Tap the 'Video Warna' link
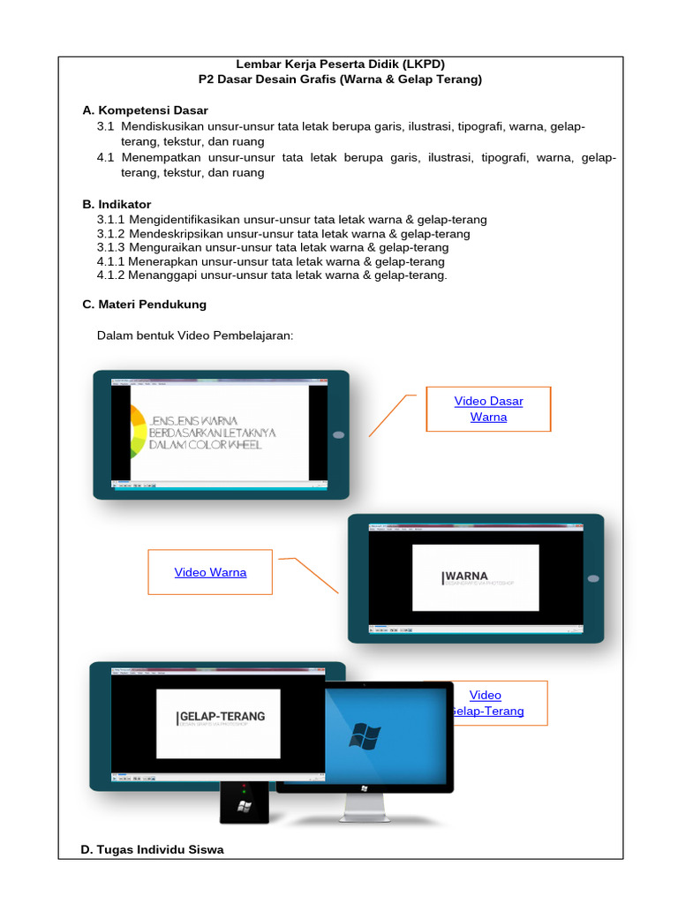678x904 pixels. [210, 572]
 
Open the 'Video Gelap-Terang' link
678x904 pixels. [486, 703]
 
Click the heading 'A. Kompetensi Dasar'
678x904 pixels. [145, 110]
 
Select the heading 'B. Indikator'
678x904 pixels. [117, 204]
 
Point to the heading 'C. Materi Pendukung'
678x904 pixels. [144, 304]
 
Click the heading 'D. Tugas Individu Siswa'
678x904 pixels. [152, 849]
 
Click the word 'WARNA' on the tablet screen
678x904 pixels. [467, 576]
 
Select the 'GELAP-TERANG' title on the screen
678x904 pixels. [222, 716]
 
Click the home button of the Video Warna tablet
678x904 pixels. [592, 578]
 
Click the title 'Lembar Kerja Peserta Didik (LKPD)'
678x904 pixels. [340, 64]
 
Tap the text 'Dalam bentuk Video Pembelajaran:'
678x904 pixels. [194, 335]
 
